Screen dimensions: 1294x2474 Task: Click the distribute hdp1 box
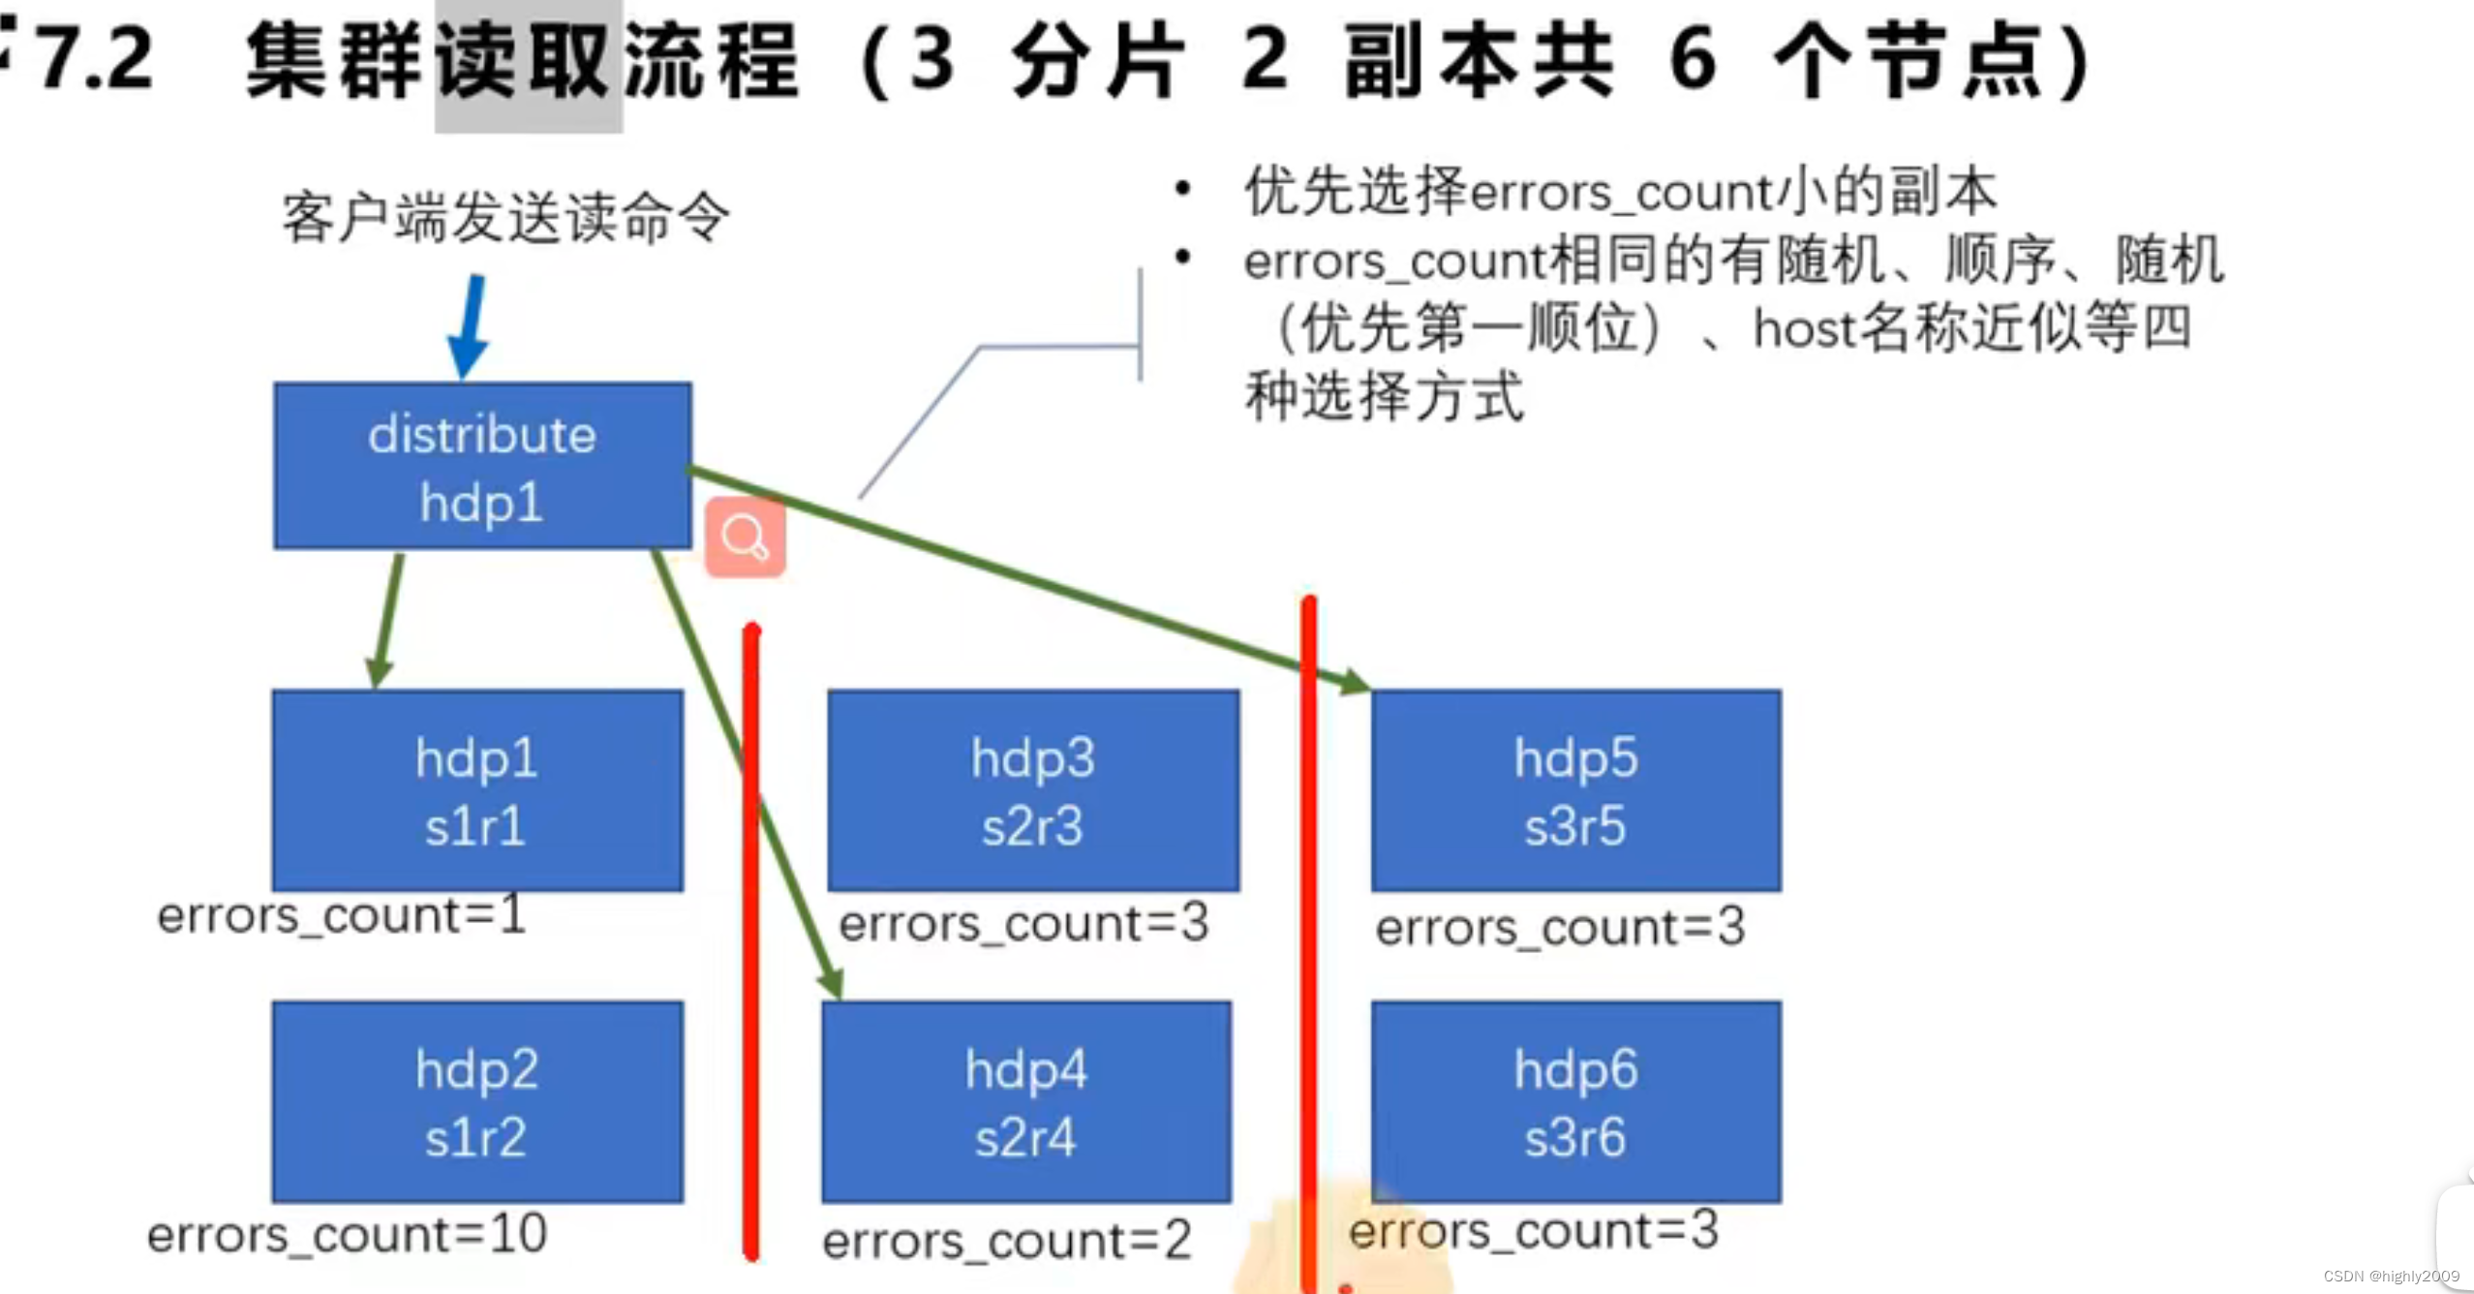[x=482, y=467]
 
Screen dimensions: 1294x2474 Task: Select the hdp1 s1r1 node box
[x=477, y=790]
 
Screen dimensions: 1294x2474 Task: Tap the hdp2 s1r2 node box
[x=477, y=1102]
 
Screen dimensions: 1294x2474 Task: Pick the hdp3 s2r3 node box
[x=1033, y=790]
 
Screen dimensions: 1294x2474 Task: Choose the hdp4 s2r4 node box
[x=1026, y=1102]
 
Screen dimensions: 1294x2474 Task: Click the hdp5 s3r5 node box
[x=1576, y=790]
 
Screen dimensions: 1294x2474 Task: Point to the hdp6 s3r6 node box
[x=1576, y=1102]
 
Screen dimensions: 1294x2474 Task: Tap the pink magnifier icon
[x=745, y=538]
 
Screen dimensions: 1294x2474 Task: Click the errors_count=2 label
[x=1007, y=1241]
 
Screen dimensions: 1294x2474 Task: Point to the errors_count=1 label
[x=341, y=915]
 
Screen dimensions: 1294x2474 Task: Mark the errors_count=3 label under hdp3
[x=1023, y=923]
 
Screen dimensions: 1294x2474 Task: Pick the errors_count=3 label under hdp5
[x=1560, y=927]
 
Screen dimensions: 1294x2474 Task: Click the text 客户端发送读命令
[x=505, y=217]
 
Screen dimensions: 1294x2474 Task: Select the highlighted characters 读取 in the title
[x=528, y=62]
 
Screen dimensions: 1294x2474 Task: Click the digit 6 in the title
[x=1694, y=60]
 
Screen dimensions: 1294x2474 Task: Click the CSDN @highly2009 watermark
[x=2391, y=1277]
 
